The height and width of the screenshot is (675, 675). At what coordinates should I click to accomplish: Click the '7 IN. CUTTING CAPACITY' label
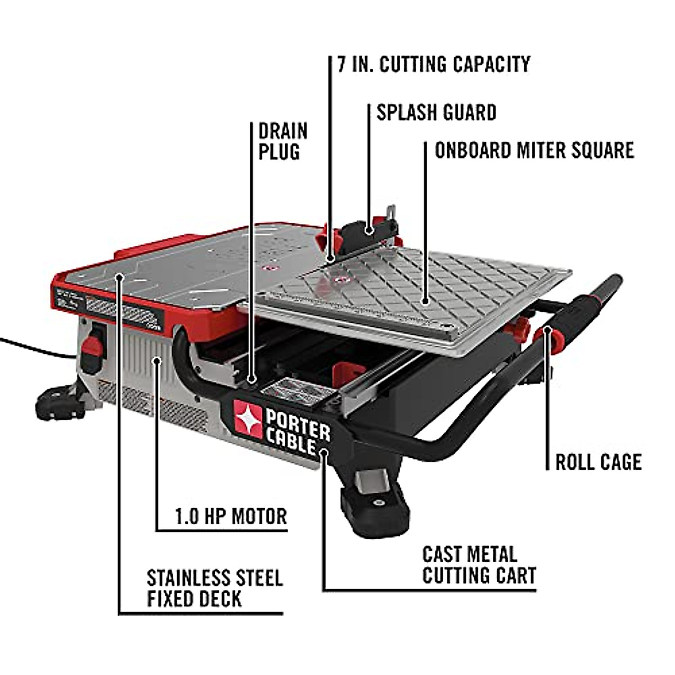[x=434, y=64]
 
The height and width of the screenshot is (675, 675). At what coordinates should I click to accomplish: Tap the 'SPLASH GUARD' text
[x=436, y=112]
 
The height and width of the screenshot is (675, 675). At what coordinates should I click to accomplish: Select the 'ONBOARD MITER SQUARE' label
[x=534, y=150]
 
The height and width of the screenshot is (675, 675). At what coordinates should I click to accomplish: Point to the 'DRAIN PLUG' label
[x=283, y=142]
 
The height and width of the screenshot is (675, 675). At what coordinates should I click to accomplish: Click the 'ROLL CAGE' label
[x=598, y=462]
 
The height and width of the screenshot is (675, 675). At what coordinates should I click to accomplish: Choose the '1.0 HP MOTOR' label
[x=231, y=516]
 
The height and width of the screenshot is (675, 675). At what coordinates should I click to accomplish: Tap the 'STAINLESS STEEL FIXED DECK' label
[x=214, y=588]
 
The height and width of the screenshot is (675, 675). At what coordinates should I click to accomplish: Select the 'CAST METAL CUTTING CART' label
[x=479, y=565]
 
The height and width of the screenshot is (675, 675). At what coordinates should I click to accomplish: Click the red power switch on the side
[x=93, y=354]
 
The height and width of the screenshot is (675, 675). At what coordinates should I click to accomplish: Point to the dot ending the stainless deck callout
[x=119, y=275]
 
